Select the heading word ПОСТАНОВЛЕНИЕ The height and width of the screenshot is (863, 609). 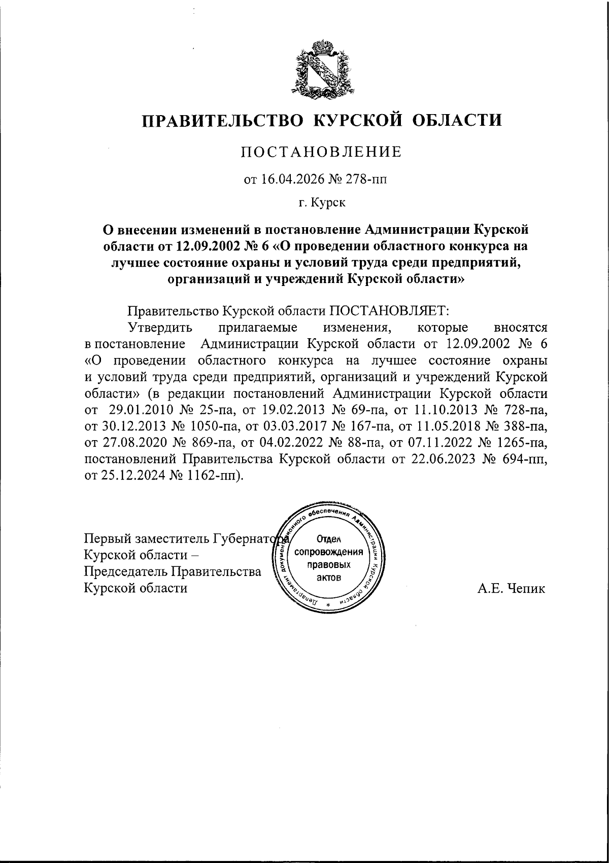pyautogui.click(x=321, y=152)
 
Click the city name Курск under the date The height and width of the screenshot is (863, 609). pyautogui.click(x=328, y=203)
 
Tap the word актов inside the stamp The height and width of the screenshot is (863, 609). pyautogui.click(x=328, y=578)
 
